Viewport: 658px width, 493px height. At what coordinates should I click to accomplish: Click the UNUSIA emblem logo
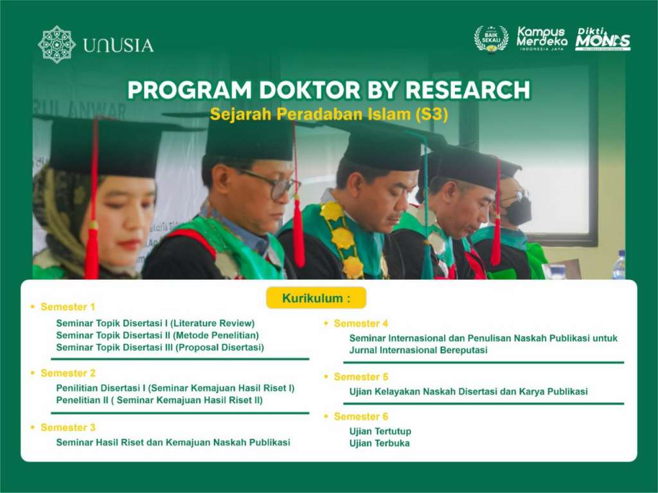(x=57, y=44)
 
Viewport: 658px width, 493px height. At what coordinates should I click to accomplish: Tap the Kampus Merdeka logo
(x=542, y=39)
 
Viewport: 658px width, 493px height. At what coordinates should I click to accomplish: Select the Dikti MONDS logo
(x=602, y=39)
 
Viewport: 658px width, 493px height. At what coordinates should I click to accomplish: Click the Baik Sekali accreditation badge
(x=491, y=39)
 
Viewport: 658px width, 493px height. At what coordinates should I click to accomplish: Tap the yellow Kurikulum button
(x=316, y=298)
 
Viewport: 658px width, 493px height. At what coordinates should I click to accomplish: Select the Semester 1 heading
(x=67, y=307)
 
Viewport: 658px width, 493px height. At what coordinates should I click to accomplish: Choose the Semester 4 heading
(x=360, y=324)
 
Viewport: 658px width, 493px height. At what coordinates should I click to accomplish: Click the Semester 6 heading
(x=360, y=417)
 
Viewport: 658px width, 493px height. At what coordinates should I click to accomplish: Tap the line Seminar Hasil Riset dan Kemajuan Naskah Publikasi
(x=173, y=442)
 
